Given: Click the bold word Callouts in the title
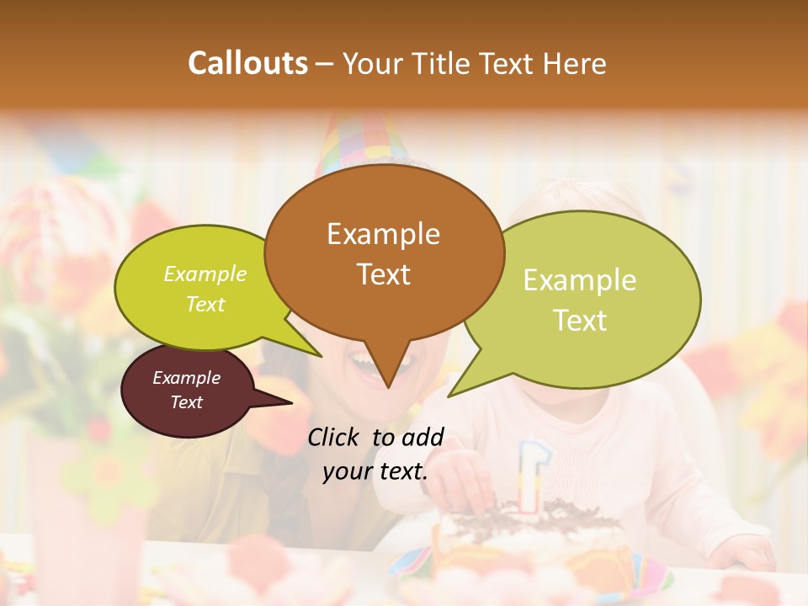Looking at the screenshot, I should tap(247, 63).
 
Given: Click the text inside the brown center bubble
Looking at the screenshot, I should tap(383, 254).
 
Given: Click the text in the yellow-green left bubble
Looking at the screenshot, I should tap(205, 289).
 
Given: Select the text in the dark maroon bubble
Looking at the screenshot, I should tap(186, 390).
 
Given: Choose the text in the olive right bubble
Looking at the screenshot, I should tap(580, 300).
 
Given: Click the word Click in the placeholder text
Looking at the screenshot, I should tap(335, 437).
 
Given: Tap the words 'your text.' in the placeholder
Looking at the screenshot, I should tap(375, 471).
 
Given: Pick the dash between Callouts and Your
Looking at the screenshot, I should tap(325, 63).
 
